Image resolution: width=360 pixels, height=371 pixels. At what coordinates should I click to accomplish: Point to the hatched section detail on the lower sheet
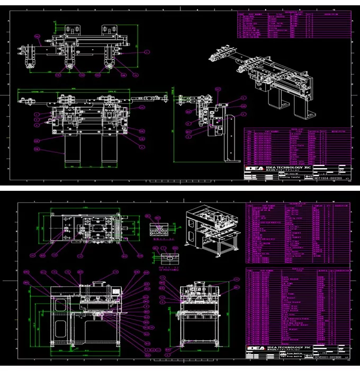(162, 228)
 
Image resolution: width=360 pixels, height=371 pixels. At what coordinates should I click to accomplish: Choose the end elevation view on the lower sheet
(199, 313)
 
